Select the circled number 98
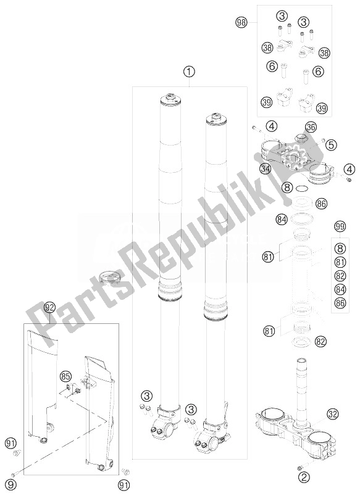(x=242, y=23)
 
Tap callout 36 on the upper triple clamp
(x=310, y=127)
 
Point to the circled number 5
(x=331, y=146)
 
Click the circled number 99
(x=338, y=227)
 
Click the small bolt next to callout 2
(x=302, y=466)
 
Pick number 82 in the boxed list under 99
(x=338, y=276)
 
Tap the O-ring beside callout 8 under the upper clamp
(x=301, y=186)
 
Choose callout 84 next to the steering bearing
(x=282, y=218)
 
